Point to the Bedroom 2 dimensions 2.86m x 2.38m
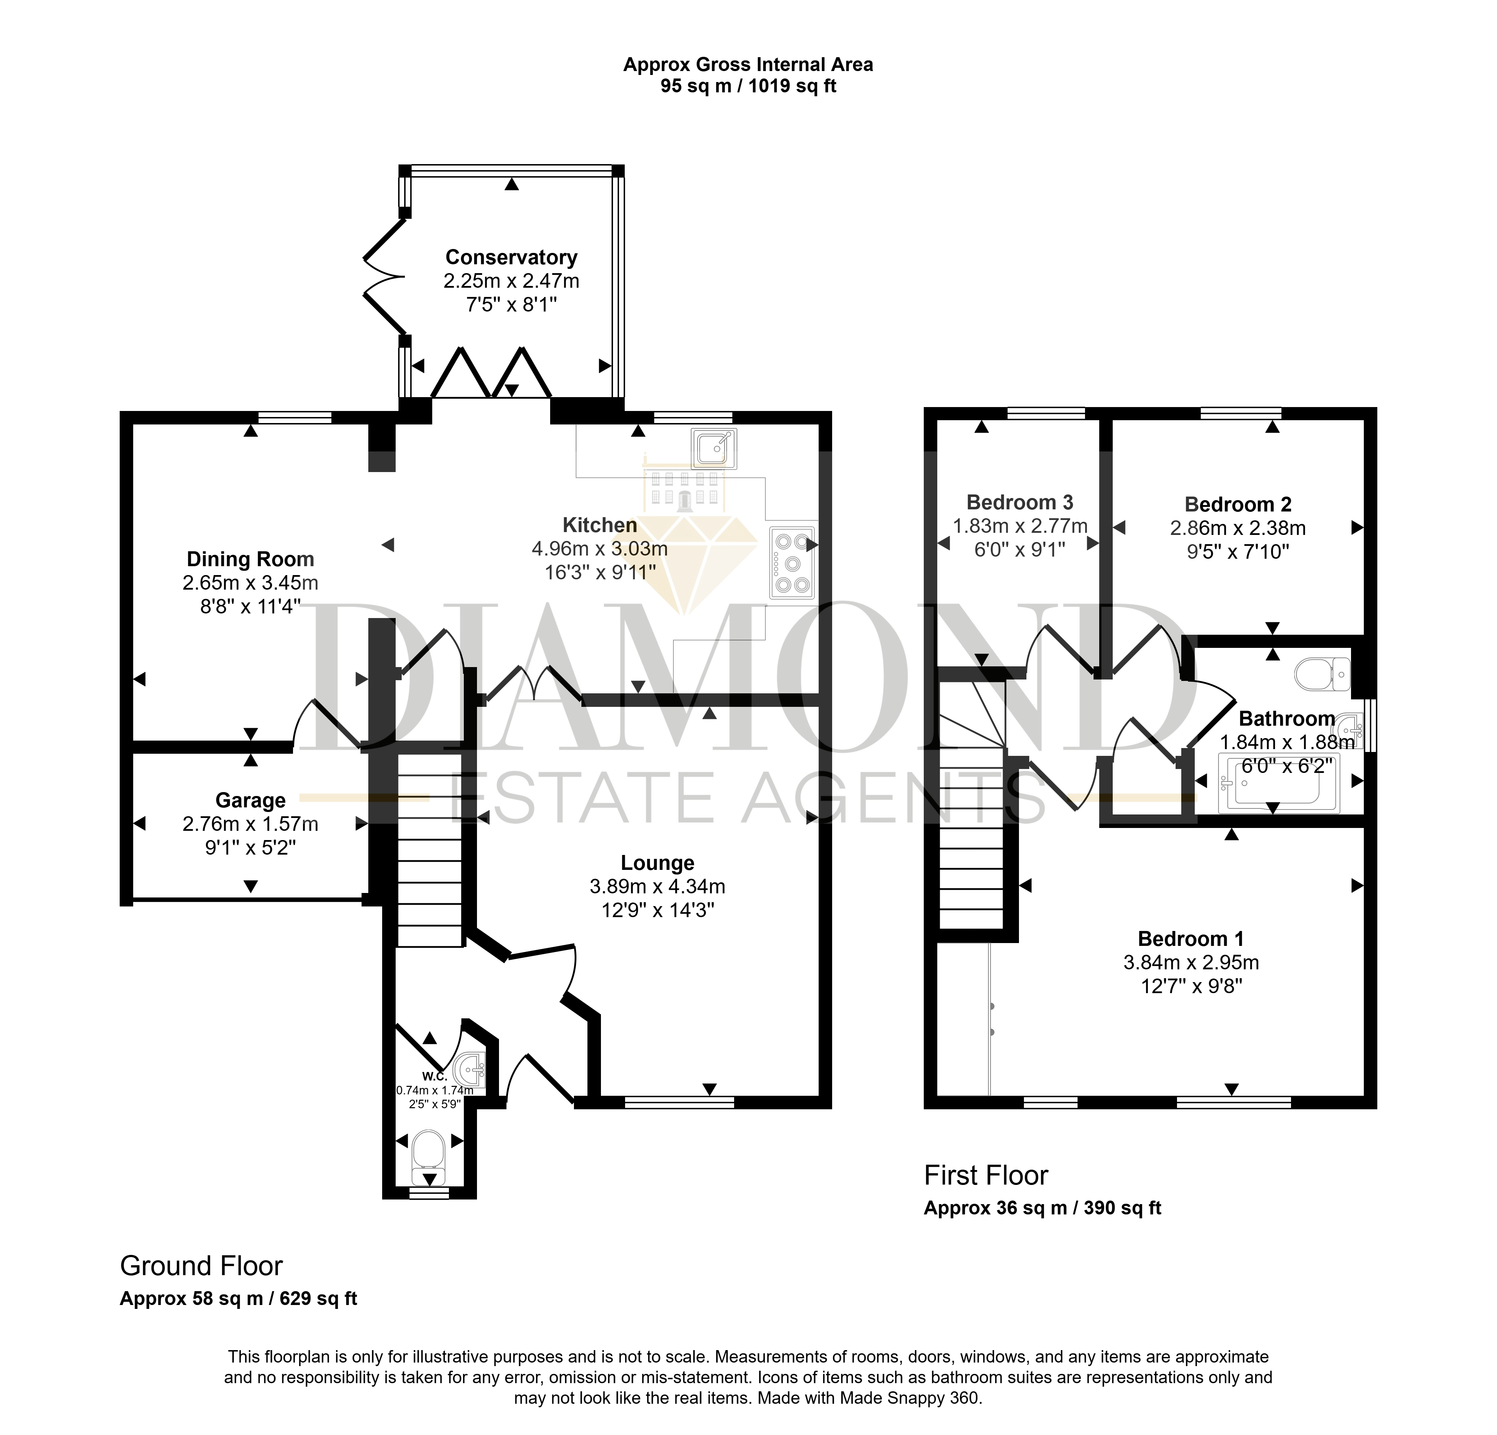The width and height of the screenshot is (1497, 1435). [1238, 528]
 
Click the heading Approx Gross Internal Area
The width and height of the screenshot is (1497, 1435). [749, 65]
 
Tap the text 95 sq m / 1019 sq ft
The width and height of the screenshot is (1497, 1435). [749, 86]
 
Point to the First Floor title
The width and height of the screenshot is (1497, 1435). [986, 1175]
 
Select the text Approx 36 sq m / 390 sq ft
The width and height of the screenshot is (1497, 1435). [1042, 1208]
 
